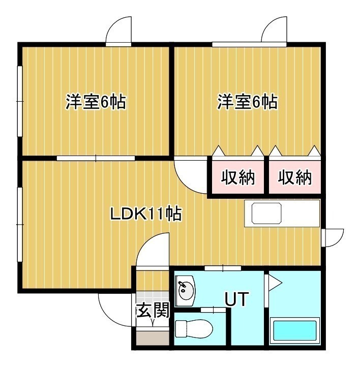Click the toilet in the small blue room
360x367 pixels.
[x=194, y=329]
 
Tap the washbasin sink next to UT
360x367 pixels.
[x=185, y=290]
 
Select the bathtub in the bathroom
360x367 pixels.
[x=295, y=331]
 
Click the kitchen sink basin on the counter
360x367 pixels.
[x=266, y=213]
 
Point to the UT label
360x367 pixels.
[x=236, y=299]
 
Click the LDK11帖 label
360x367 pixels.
[x=146, y=213]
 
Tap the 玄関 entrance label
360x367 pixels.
[x=153, y=311]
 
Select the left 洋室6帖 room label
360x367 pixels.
[x=96, y=102]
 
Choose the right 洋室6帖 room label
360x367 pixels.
[x=248, y=102]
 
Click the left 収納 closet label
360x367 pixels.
[x=238, y=177]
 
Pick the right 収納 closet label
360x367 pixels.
[x=295, y=177]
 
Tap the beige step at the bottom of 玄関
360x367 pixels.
[x=153, y=338]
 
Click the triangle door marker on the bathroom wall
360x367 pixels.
[x=275, y=283]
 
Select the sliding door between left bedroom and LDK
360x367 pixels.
[x=96, y=158]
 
